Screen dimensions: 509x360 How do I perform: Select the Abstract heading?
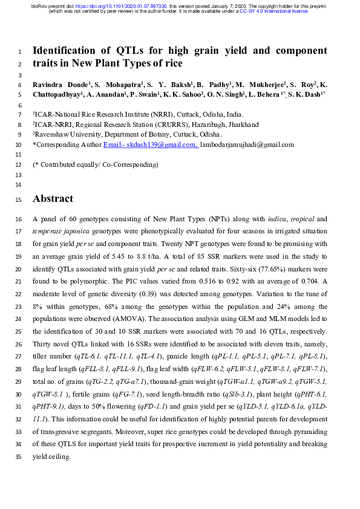pyautogui.click(x=53, y=198)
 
